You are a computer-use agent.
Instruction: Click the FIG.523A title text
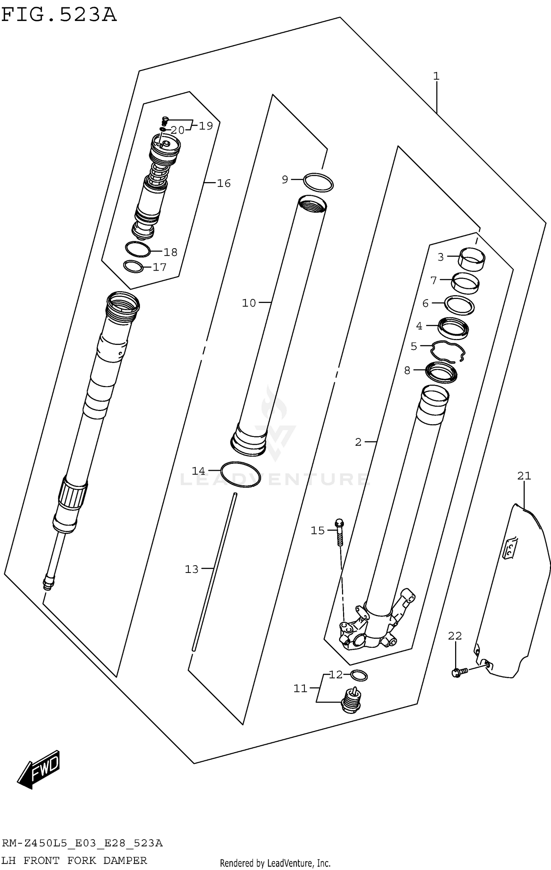point(59,15)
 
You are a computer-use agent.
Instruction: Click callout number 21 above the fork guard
point(524,476)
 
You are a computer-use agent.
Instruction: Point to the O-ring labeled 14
point(241,474)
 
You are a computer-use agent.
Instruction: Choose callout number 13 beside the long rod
point(191,569)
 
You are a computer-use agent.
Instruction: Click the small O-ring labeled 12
point(359,675)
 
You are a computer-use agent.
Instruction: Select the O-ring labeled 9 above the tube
point(318,182)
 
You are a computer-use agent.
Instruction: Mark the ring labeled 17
point(133,267)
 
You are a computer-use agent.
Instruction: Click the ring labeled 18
point(138,250)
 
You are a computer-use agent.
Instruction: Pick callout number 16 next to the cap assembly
point(223,183)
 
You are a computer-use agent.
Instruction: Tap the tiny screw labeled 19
point(165,119)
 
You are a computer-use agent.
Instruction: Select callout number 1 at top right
point(436,76)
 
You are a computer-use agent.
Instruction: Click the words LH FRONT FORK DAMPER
point(74,860)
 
